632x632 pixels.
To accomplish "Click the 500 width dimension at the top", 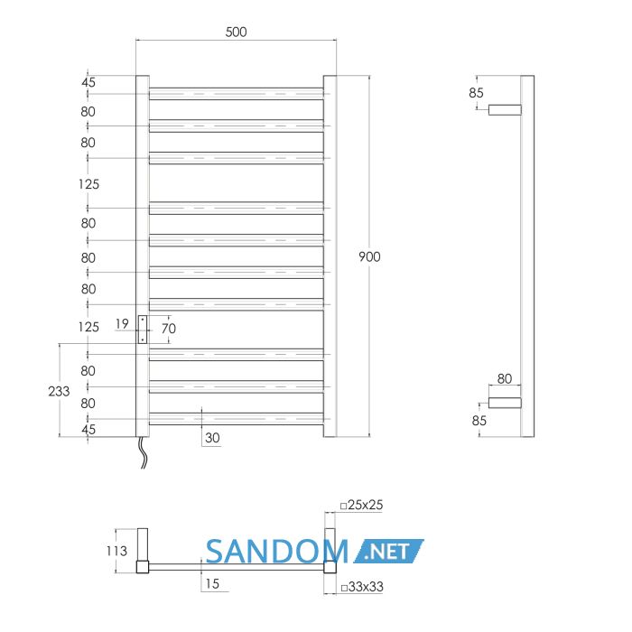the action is pos(236,32).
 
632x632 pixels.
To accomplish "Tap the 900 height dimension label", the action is pos(369,256).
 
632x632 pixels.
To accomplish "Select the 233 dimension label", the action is pos(59,391).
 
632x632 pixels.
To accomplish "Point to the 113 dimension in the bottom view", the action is pos(116,551).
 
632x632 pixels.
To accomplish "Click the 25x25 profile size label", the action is pos(361,505).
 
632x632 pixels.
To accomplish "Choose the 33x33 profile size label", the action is pos(362,587).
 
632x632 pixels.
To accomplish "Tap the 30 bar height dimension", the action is pos(212,438).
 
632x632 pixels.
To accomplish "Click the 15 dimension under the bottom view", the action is pos(212,583).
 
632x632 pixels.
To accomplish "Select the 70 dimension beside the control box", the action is pos(169,329).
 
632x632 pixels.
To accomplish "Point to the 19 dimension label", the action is pos(122,323).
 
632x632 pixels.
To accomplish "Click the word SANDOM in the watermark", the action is pos(276,552).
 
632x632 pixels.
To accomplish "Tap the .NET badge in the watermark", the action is pos(388,551).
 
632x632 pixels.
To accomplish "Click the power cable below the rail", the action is pos(143,452).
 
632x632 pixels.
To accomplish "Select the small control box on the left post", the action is pos(143,330).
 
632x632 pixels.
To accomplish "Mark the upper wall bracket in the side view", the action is pos(505,109).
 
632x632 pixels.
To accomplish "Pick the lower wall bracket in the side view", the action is pos(505,403).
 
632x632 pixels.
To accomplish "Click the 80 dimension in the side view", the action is pos(504,379).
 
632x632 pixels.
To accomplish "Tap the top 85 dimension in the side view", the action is pos(476,93).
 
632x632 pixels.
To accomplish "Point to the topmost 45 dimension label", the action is pos(88,82).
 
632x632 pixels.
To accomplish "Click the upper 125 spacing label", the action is pos(88,184).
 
